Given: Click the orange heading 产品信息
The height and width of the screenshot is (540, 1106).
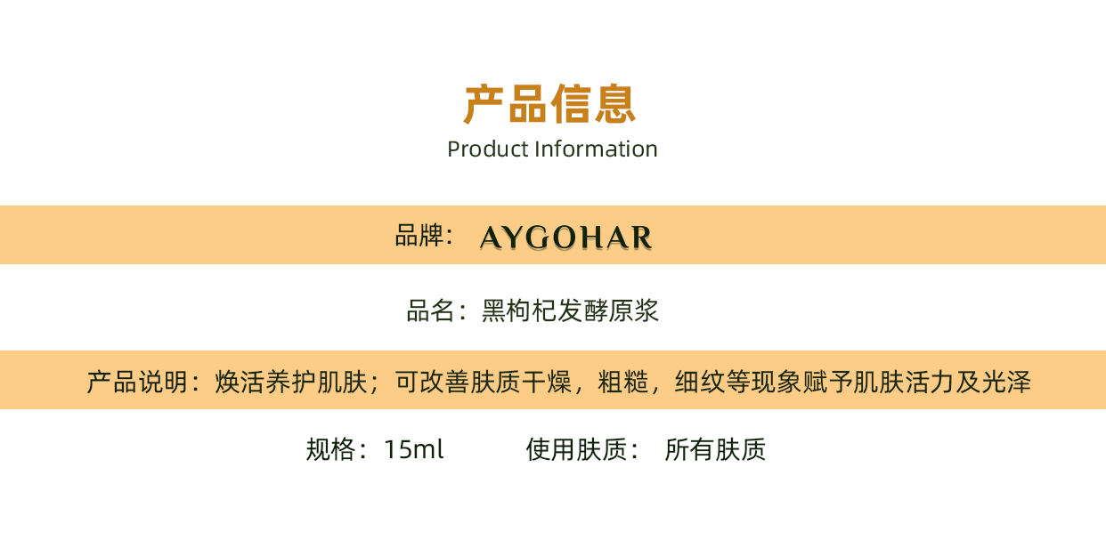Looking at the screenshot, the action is [549, 103].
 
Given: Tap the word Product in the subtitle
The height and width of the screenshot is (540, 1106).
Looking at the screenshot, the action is [488, 149].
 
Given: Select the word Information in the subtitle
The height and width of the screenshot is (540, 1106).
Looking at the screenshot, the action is [596, 149].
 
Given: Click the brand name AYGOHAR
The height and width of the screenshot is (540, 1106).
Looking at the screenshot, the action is [565, 238].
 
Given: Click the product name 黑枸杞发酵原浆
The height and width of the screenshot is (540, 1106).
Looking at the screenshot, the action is [570, 310].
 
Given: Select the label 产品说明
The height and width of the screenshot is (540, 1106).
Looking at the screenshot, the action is [137, 383].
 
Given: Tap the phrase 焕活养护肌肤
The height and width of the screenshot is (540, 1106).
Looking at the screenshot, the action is [291, 383].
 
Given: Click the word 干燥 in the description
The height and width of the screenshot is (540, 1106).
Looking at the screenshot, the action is [547, 383].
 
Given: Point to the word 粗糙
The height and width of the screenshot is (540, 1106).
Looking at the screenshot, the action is [623, 383].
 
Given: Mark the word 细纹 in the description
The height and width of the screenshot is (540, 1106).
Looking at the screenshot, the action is [700, 383].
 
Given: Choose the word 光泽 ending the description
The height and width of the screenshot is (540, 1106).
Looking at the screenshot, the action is [1006, 383].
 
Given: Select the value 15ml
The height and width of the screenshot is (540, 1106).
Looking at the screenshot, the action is [414, 450].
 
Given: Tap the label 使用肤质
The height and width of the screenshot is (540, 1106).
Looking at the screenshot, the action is [577, 449].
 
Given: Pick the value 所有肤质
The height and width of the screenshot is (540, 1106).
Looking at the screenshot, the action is [715, 449].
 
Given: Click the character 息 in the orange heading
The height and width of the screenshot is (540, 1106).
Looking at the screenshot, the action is [615, 103].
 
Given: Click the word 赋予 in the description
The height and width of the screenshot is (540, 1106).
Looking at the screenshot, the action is [827, 383].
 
